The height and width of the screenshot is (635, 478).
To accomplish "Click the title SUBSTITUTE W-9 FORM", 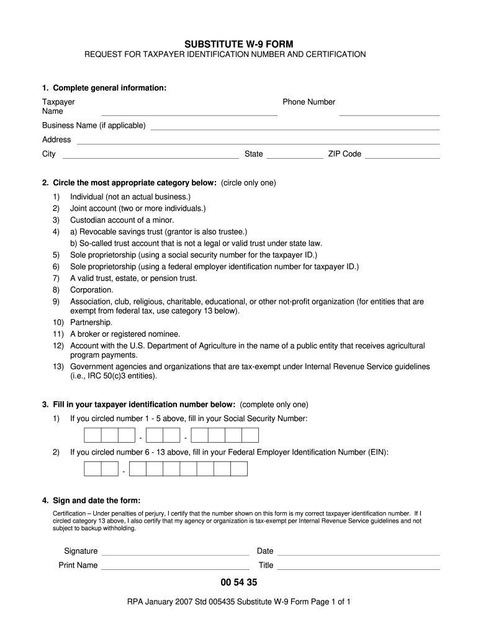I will (x=238, y=43).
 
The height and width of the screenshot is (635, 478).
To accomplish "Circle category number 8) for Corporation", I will (x=56, y=290).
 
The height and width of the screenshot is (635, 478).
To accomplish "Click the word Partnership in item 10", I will (x=91, y=322).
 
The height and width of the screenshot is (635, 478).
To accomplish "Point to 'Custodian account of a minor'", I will (x=122, y=220).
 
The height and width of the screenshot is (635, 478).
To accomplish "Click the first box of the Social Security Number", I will (x=92, y=435).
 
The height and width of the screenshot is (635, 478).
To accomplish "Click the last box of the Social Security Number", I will (x=250, y=435).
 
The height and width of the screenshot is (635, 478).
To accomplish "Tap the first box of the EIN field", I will (x=92, y=468).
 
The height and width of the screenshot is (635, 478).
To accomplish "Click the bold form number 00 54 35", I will (x=238, y=583).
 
